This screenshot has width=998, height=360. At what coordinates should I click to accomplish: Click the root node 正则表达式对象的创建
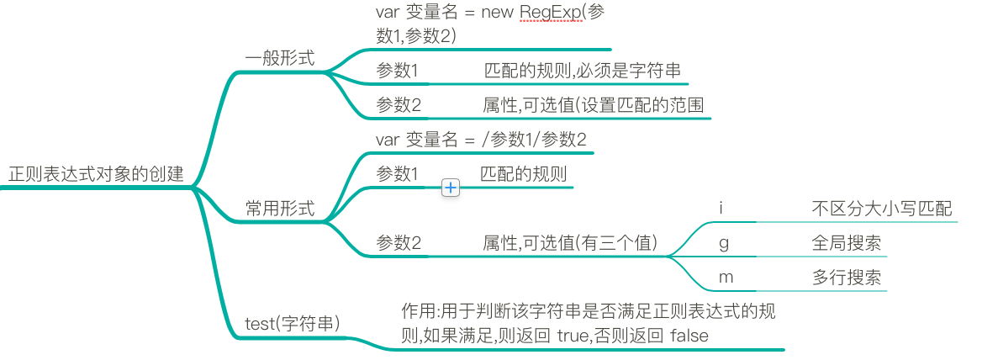[x=95, y=175]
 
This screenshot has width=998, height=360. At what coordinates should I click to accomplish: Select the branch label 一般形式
[x=280, y=58]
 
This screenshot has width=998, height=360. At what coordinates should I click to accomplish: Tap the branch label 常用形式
[x=280, y=209]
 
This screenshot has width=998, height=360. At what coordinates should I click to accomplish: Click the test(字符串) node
[x=293, y=322]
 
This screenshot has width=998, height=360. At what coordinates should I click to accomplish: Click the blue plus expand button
[x=451, y=188]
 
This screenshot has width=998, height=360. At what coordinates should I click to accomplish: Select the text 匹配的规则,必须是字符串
[x=583, y=71]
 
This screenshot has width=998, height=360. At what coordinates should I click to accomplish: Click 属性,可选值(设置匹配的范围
[x=593, y=105]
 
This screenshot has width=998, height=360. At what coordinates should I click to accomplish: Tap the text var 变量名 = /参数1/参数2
[x=481, y=140]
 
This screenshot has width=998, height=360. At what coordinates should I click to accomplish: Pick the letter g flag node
[x=724, y=243]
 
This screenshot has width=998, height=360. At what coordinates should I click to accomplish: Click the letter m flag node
[x=725, y=277]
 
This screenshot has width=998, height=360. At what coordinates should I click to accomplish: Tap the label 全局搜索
[x=847, y=243]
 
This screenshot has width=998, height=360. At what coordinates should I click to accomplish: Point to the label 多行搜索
[x=847, y=277]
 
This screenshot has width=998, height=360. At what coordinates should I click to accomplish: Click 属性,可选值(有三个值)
[x=570, y=243]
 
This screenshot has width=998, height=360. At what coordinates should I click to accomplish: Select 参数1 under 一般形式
[x=398, y=71]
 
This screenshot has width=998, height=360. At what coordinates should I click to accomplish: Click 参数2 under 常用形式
[x=398, y=243]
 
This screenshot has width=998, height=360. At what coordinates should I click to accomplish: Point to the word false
[x=689, y=336]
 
